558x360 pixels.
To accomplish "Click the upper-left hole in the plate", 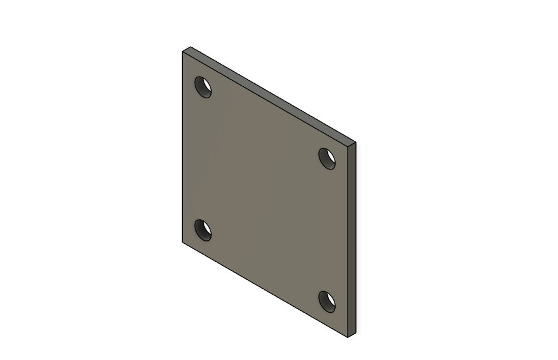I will (203, 87).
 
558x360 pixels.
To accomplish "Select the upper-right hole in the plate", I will (327, 158).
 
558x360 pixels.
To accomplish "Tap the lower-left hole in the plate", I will (203, 230).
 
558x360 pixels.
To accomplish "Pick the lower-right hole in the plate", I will (327, 301).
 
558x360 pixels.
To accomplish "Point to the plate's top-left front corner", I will (182, 52).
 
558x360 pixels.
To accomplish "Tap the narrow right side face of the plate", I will (352, 240).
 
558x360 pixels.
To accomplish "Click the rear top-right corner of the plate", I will (356, 143).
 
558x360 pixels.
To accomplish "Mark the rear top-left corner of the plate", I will (190, 47).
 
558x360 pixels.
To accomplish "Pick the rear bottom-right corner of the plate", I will (356, 333).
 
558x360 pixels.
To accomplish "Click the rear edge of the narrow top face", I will (273, 95).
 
